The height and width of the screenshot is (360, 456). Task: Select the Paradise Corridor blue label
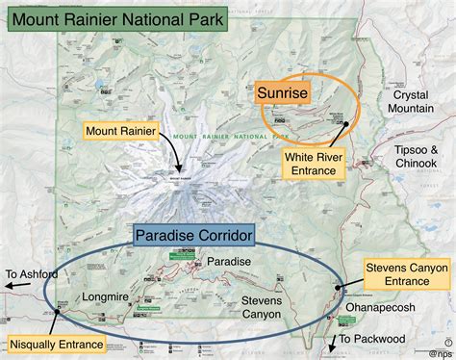(193, 235)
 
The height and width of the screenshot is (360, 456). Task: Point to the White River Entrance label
(317, 163)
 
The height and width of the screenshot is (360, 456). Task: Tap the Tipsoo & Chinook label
(417, 157)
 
